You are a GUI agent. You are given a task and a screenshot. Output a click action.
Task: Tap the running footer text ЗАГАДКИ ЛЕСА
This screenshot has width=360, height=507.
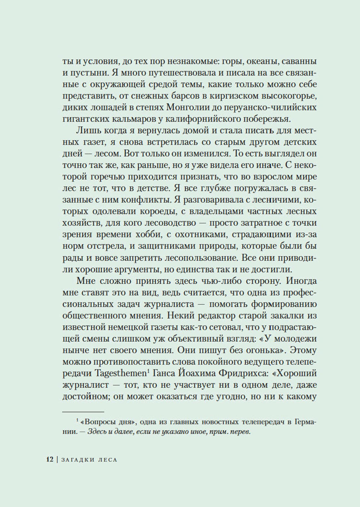(89, 459)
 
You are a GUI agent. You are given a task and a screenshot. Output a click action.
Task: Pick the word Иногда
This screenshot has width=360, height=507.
(297, 281)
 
